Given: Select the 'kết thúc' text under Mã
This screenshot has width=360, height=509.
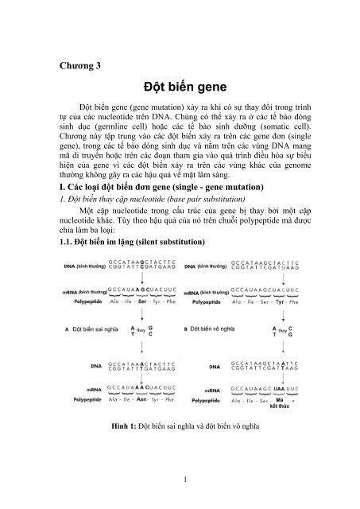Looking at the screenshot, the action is click(280, 406).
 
